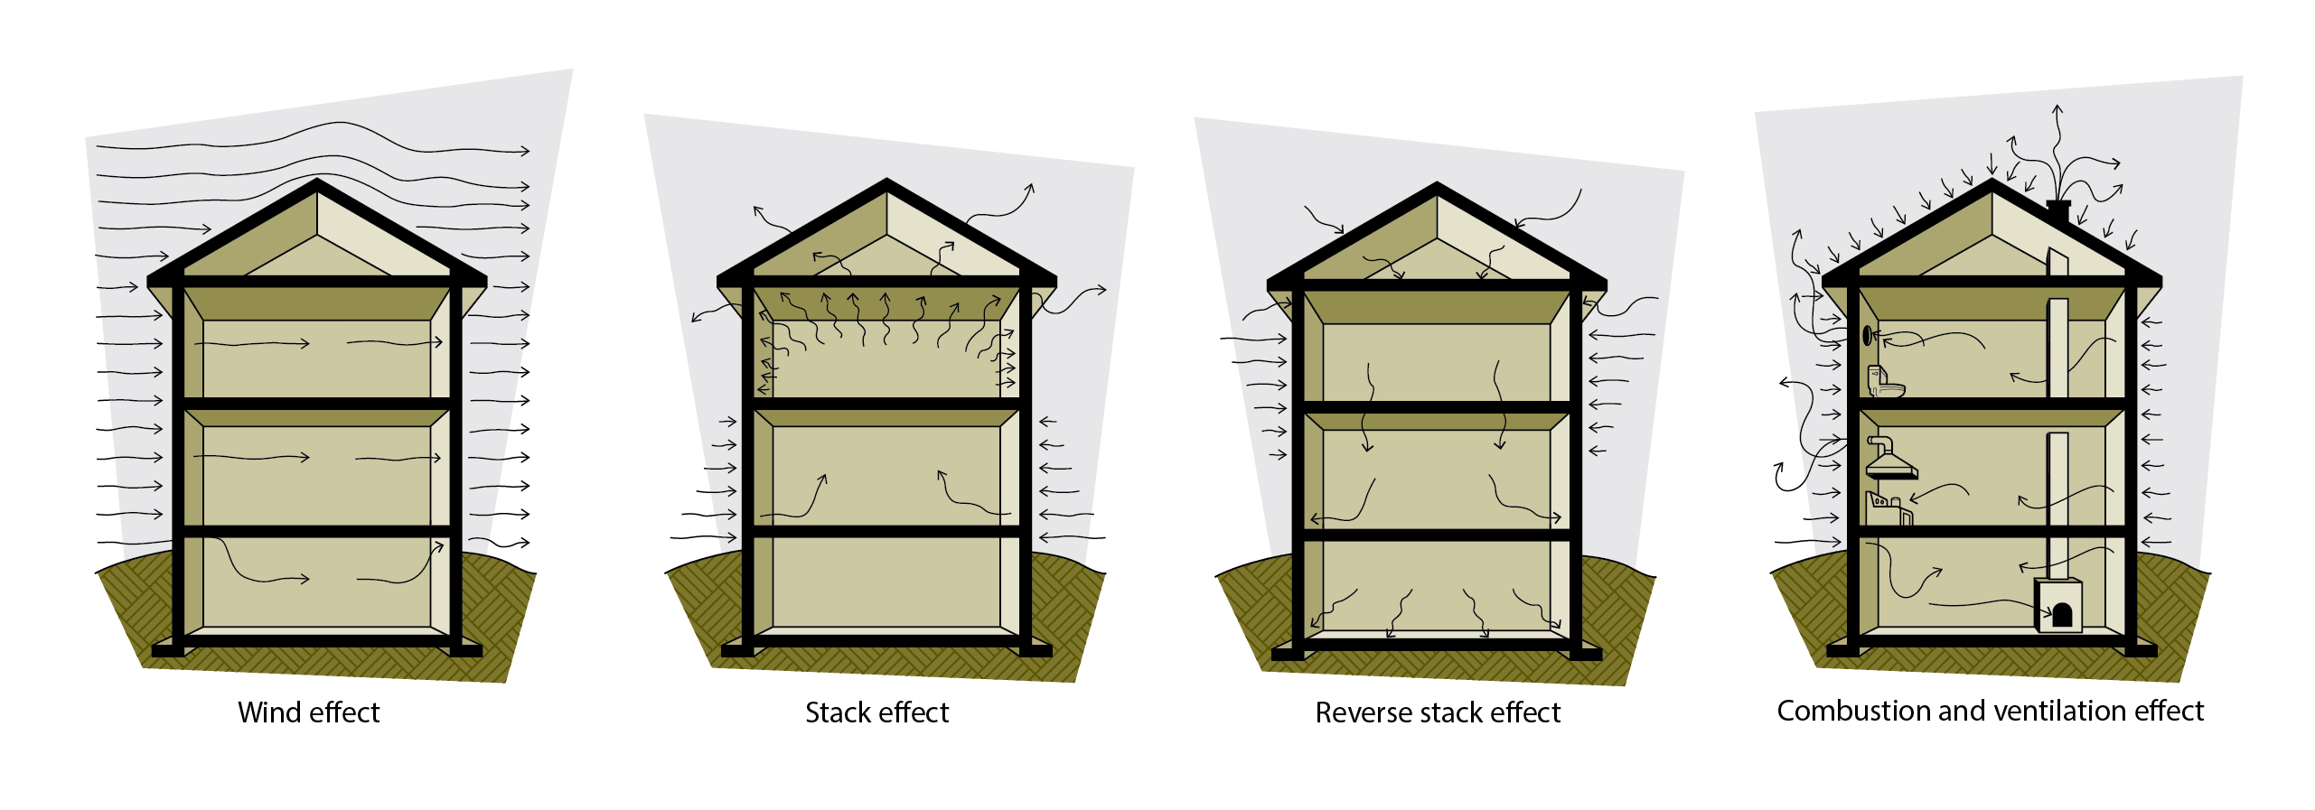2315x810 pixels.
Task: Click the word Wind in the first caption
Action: click(x=266, y=712)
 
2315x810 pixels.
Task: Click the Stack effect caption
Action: click(x=876, y=712)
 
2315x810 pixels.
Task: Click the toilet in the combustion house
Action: click(x=1886, y=382)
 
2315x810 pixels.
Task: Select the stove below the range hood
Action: click(x=1889, y=509)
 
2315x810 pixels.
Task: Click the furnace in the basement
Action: click(x=2058, y=605)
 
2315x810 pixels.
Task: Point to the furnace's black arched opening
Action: click(x=2062, y=616)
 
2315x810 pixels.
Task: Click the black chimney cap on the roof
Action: click(x=2058, y=206)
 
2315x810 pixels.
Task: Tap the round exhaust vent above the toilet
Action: click(x=1868, y=335)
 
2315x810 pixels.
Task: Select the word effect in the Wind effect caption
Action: click(x=340, y=712)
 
